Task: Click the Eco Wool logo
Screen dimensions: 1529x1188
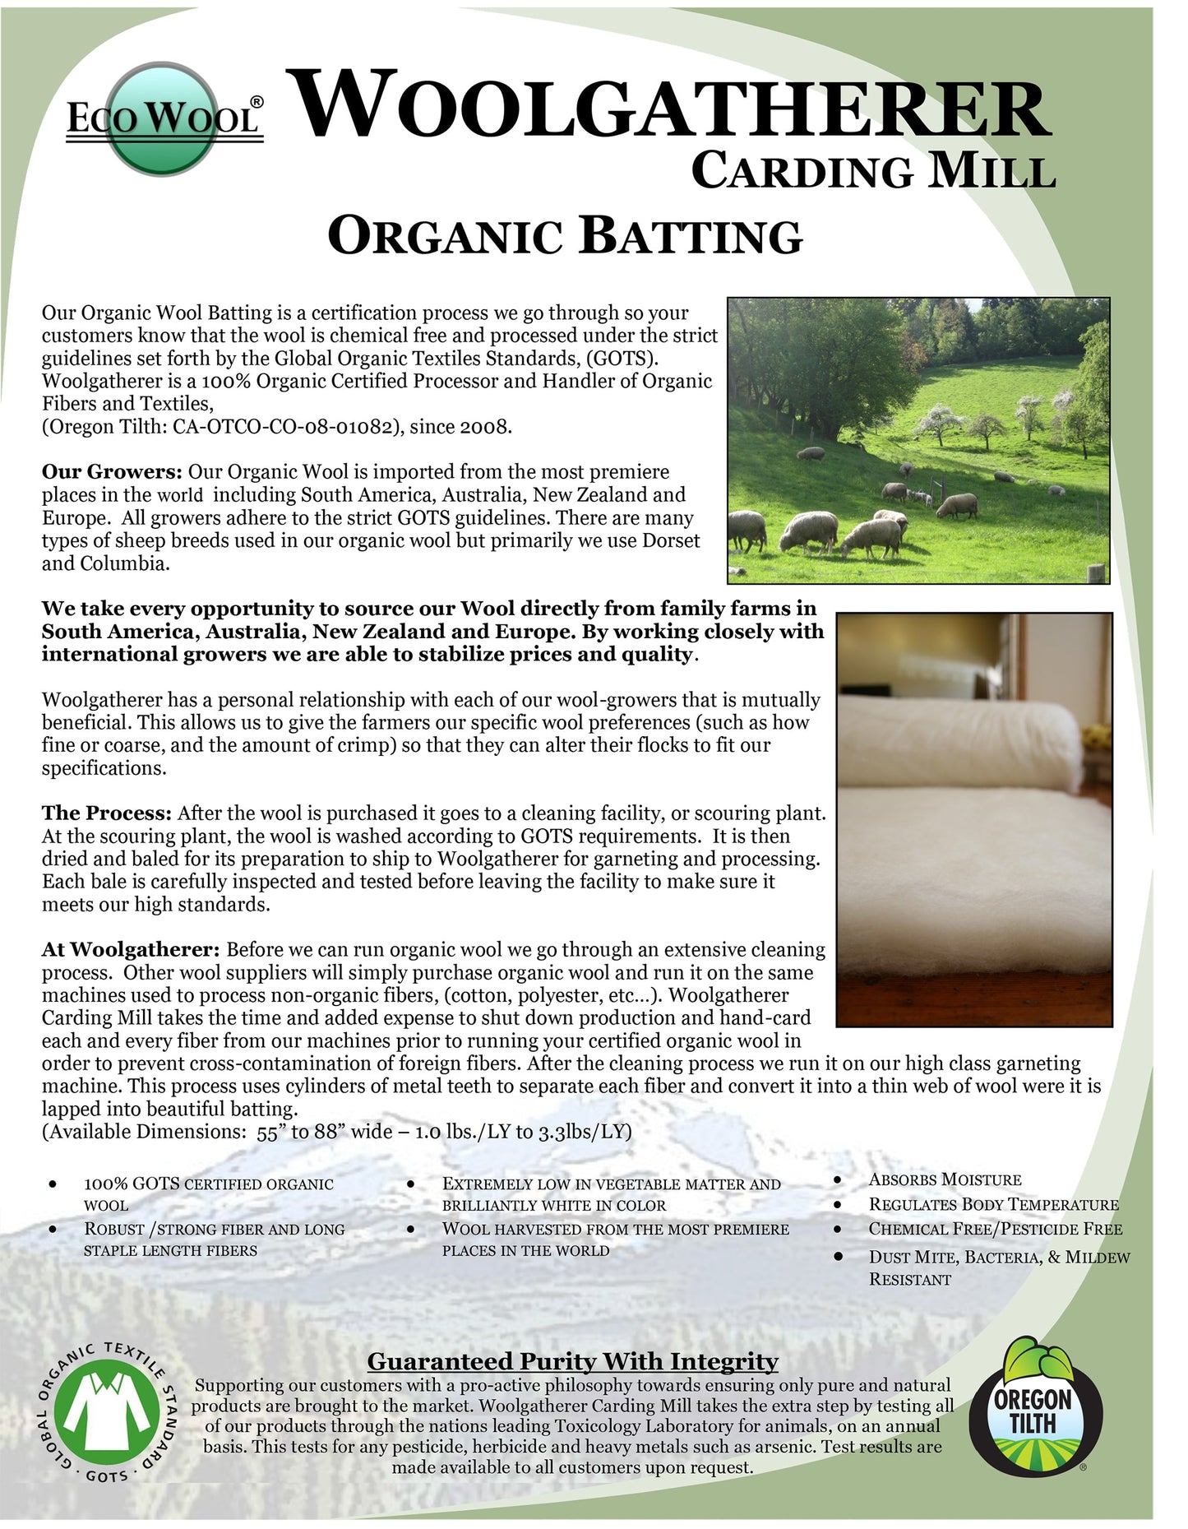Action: [164, 118]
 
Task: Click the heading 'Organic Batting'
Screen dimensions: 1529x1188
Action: [565, 236]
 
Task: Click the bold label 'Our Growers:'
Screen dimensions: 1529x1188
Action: [112, 472]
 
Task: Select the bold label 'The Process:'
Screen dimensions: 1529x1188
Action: [107, 813]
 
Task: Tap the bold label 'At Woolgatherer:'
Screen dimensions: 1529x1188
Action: [131, 950]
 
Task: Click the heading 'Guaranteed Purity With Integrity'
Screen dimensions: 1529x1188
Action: [572, 1361]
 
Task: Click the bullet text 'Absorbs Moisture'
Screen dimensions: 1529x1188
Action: [945, 1179]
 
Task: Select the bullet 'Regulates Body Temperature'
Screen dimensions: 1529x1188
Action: [993, 1204]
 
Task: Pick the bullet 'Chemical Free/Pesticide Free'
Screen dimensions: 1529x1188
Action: [995, 1229]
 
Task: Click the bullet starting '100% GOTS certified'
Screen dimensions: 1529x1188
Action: [208, 1194]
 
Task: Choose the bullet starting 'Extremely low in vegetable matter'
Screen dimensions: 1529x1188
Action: [611, 1194]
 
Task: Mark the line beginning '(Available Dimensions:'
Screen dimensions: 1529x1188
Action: [337, 1132]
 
